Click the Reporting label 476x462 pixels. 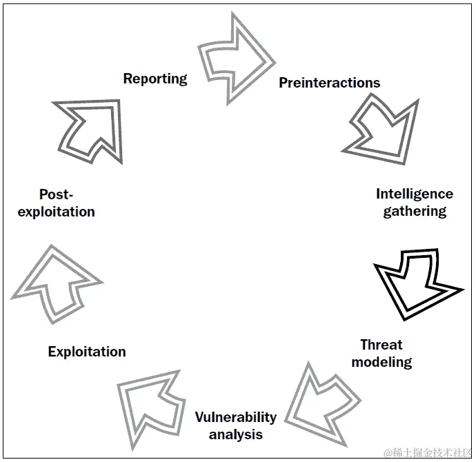[x=155, y=79]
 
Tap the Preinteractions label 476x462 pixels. [x=329, y=83]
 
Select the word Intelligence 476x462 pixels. [x=414, y=194]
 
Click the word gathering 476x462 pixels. [x=415, y=211]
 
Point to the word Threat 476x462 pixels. [x=381, y=345]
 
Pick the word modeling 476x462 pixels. [x=381, y=361]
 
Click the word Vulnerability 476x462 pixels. [x=235, y=417]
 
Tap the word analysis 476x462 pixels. [x=235, y=434]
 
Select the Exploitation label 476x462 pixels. [x=87, y=352]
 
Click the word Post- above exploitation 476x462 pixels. [x=56, y=194]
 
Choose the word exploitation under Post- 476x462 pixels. [x=56, y=212]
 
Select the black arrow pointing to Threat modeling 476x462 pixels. [x=414, y=279]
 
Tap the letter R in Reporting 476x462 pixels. [x=128, y=79]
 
